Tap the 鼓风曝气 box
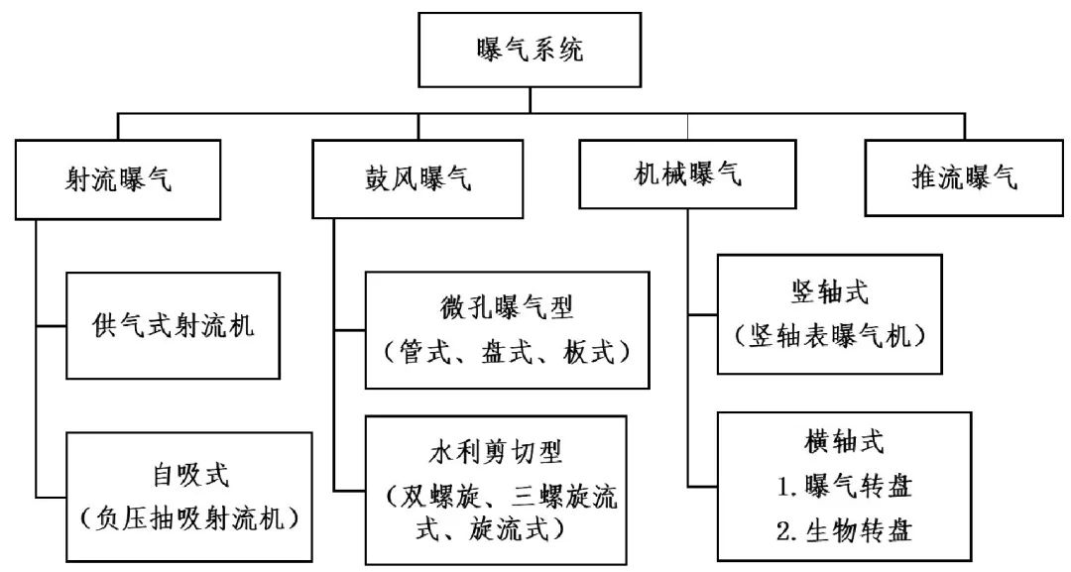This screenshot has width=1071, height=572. pyautogui.click(x=416, y=178)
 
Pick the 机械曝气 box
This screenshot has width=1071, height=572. pyautogui.click(x=687, y=175)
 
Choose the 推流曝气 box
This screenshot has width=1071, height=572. pyautogui.click(x=964, y=178)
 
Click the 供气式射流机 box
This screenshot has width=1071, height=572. pyautogui.click(x=173, y=325)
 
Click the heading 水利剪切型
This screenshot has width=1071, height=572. pyautogui.click(x=496, y=452)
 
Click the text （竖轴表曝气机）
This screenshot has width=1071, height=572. pyautogui.click(x=829, y=336)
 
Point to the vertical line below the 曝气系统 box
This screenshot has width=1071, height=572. pyautogui.click(x=530, y=99)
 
